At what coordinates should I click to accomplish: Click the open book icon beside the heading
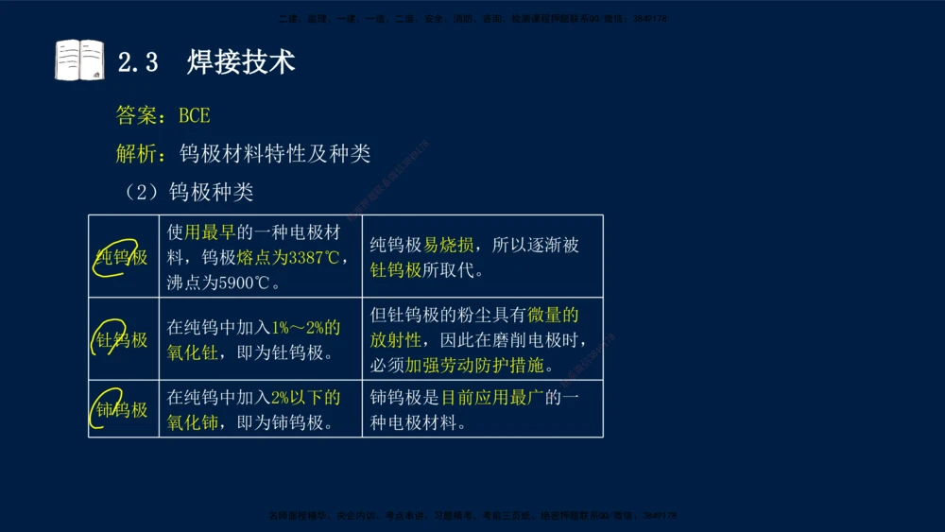click(79, 60)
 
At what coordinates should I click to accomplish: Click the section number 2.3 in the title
click(138, 62)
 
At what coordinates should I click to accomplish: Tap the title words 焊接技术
click(241, 62)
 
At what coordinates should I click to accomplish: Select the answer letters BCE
click(194, 115)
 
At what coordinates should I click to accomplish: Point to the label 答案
click(136, 115)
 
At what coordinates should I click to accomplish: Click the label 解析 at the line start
click(136, 153)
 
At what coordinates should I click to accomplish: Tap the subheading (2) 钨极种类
click(189, 192)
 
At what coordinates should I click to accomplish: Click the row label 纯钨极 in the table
click(123, 256)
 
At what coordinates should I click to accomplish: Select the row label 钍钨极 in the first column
click(123, 339)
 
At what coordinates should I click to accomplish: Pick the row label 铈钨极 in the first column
click(123, 409)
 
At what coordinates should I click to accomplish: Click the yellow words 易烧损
click(448, 246)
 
